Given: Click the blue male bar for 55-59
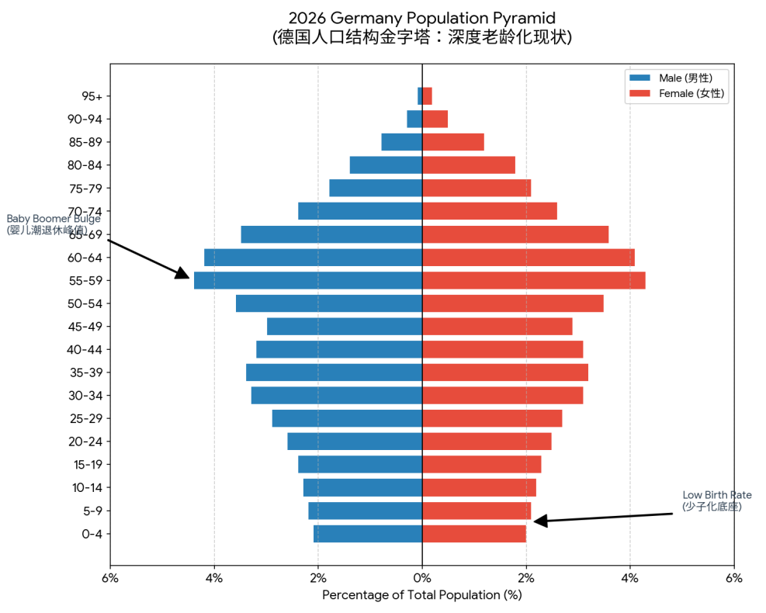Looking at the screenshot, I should [x=307, y=280].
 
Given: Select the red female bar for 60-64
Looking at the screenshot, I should [x=528, y=258].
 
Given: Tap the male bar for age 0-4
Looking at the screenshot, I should [x=368, y=534].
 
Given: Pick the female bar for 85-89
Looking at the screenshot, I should [x=453, y=142].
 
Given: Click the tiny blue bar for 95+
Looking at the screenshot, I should [x=420, y=96].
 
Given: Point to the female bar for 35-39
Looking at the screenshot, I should [x=504, y=372].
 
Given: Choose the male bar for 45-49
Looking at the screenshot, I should [x=345, y=327].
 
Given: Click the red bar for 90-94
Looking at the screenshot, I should [x=435, y=119].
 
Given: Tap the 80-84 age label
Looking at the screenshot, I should [x=85, y=165].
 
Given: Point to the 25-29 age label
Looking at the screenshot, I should [x=85, y=419].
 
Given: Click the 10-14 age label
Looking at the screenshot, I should [x=85, y=488].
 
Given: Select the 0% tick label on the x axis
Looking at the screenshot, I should [x=422, y=578].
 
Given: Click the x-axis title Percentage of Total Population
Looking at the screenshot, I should [x=422, y=595].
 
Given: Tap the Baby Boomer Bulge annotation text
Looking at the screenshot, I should [x=53, y=224].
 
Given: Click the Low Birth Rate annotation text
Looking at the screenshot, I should [x=716, y=500].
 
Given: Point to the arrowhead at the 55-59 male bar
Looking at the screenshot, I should [x=183, y=273].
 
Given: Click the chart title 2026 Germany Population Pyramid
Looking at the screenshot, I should [x=422, y=18].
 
